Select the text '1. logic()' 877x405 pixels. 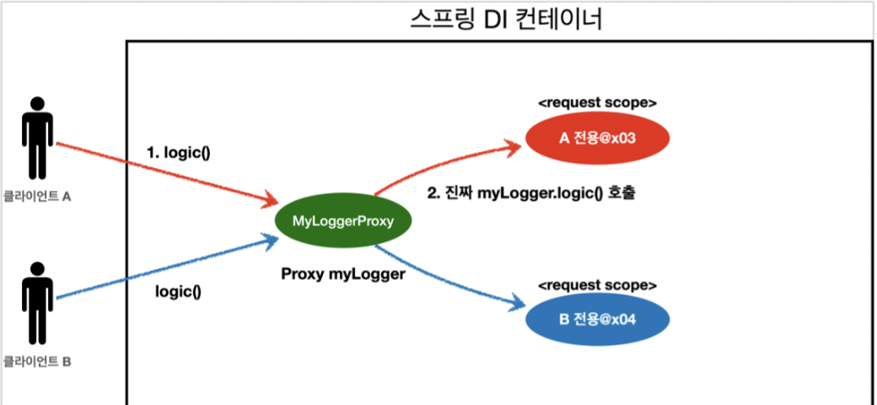[179, 154]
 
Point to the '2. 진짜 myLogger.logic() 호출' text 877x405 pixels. [530, 193]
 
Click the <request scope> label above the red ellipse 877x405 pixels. [597, 103]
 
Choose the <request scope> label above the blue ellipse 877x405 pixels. [597, 284]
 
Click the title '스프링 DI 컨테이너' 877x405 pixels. [505, 19]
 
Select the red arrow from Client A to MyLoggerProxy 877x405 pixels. [169, 173]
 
